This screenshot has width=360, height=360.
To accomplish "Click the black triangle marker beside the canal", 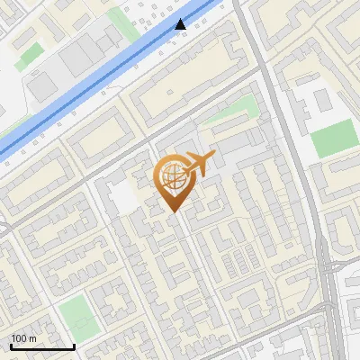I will click(x=182, y=24).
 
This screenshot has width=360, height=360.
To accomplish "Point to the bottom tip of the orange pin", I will click(x=171, y=211).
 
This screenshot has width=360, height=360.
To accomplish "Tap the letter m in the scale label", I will click(x=33, y=338).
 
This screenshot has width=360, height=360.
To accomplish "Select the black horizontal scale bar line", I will click(x=42, y=347).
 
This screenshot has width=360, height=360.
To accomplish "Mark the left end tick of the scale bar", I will click(x=11, y=346).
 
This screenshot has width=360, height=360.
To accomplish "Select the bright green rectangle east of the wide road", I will click(x=335, y=139).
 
